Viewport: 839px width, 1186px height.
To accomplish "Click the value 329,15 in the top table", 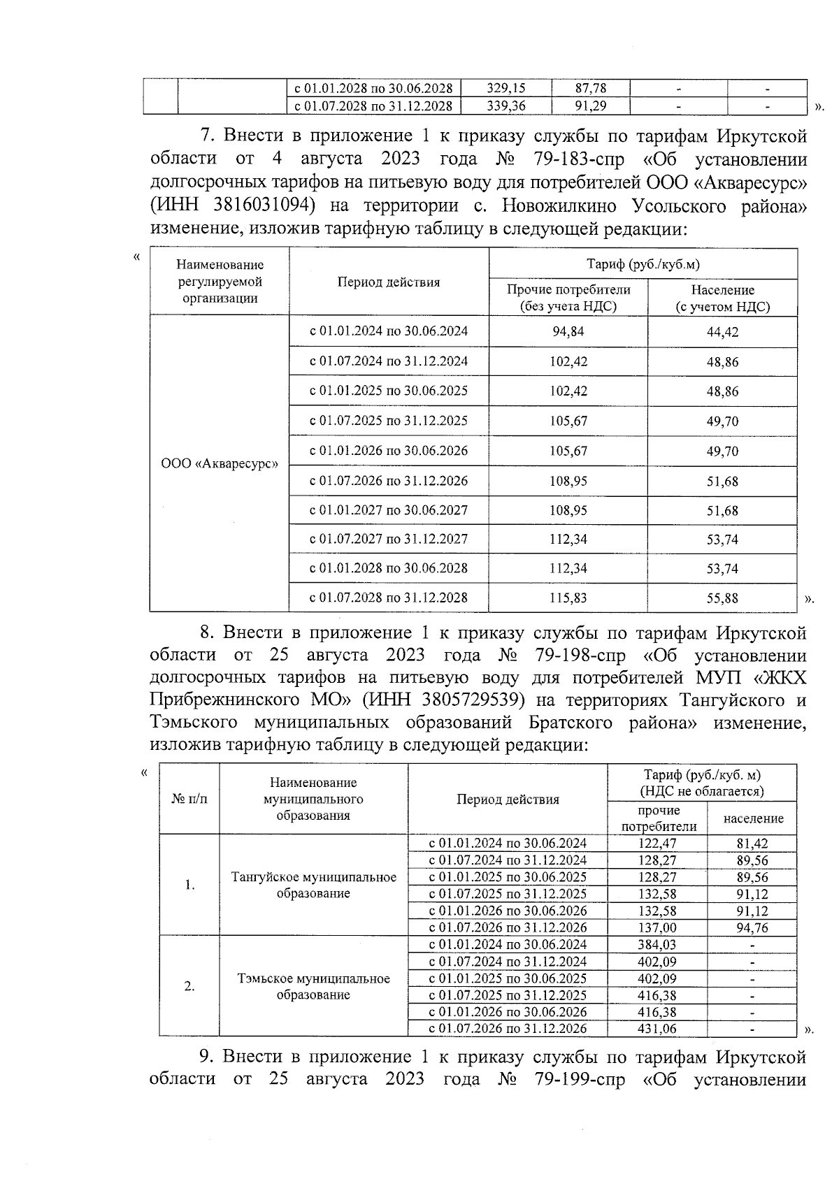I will click(x=505, y=89).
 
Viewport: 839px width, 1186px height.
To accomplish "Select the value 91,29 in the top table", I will click(x=590, y=106).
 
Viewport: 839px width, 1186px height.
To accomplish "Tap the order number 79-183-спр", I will click(x=574, y=159).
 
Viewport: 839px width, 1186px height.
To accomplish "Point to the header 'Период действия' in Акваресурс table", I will click(x=389, y=282).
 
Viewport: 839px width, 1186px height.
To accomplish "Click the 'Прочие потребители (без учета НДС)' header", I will click(x=568, y=298).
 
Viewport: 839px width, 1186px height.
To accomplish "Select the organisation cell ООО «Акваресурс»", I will click(x=220, y=463).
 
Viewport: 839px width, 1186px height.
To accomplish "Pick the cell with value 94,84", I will click(x=568, y=332).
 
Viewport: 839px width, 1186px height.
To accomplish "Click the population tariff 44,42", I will click(x=722, y=332).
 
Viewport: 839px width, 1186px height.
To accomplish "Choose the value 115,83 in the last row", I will click(x=568, y=598).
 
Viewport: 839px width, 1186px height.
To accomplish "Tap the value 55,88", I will click(x=722, y=598).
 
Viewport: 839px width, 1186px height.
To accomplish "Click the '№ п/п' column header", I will click(x=189, y=799).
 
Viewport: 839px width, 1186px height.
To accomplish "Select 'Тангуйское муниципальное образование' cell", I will click(x=313, y=885).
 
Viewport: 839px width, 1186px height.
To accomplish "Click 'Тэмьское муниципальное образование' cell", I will click(x=313, y=986).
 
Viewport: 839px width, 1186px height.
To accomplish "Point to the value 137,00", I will click(x=657, y=927).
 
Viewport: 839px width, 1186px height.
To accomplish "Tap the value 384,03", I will click(x=657, y=945).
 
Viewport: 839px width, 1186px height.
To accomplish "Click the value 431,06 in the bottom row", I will click(x=657, y=1029).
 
